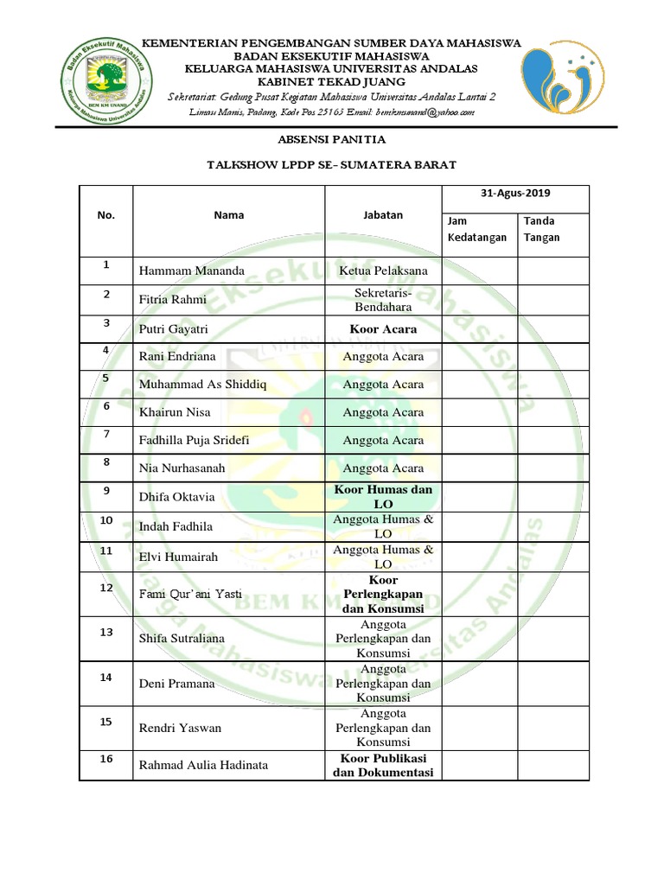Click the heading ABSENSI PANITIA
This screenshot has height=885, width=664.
tap(332, 139)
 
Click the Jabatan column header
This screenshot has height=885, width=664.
tap(383, 214)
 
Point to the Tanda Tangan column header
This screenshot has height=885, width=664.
tap(541, 229)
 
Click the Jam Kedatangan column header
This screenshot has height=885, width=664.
tap(476, 229)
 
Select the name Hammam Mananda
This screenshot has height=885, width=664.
tap(192, 271)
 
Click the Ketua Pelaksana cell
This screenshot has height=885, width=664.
tap(383, 271)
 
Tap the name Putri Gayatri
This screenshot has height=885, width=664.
tap(174, 329)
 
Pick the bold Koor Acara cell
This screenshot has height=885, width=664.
tap(383, 329)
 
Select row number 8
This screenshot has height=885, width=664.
tap(105, 462)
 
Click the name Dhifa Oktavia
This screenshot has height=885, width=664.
tap(177, 497)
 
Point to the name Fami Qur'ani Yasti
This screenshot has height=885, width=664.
tap(190, 595)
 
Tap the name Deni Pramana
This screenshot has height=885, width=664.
tap(177, 684)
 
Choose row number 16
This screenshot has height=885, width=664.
tap(106, 759)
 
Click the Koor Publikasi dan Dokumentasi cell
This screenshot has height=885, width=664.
tap(383, 766)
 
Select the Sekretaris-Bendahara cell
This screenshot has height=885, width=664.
tap(383, 300)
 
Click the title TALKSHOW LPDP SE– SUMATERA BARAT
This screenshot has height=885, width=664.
tap(332, 164)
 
